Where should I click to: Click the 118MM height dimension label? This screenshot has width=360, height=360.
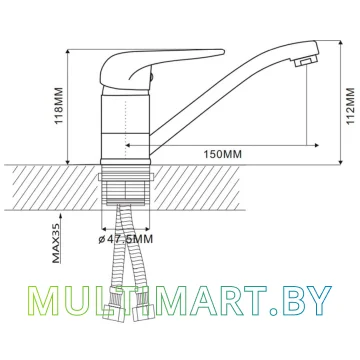(x=59, y=105)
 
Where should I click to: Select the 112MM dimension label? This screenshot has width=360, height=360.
(x=350, y=106)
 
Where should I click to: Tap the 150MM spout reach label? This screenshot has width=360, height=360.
(x=222, y=154)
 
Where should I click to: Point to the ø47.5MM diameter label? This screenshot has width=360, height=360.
(x=126, y=239)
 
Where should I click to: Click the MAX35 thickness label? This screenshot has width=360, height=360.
(x=57, y=244)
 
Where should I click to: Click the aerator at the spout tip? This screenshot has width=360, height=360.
(x=305, y=61)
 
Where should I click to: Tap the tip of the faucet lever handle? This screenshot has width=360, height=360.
(x=223, y=52)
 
